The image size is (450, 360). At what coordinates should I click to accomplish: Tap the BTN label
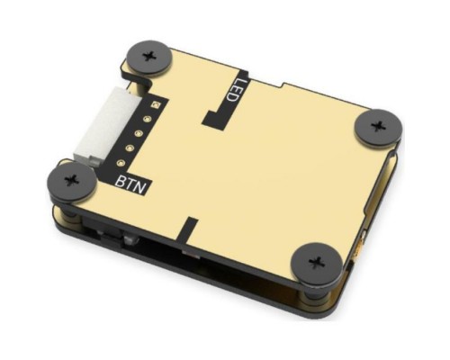(x=133, y=183)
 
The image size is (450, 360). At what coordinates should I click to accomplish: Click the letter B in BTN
(x=121, y=180)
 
